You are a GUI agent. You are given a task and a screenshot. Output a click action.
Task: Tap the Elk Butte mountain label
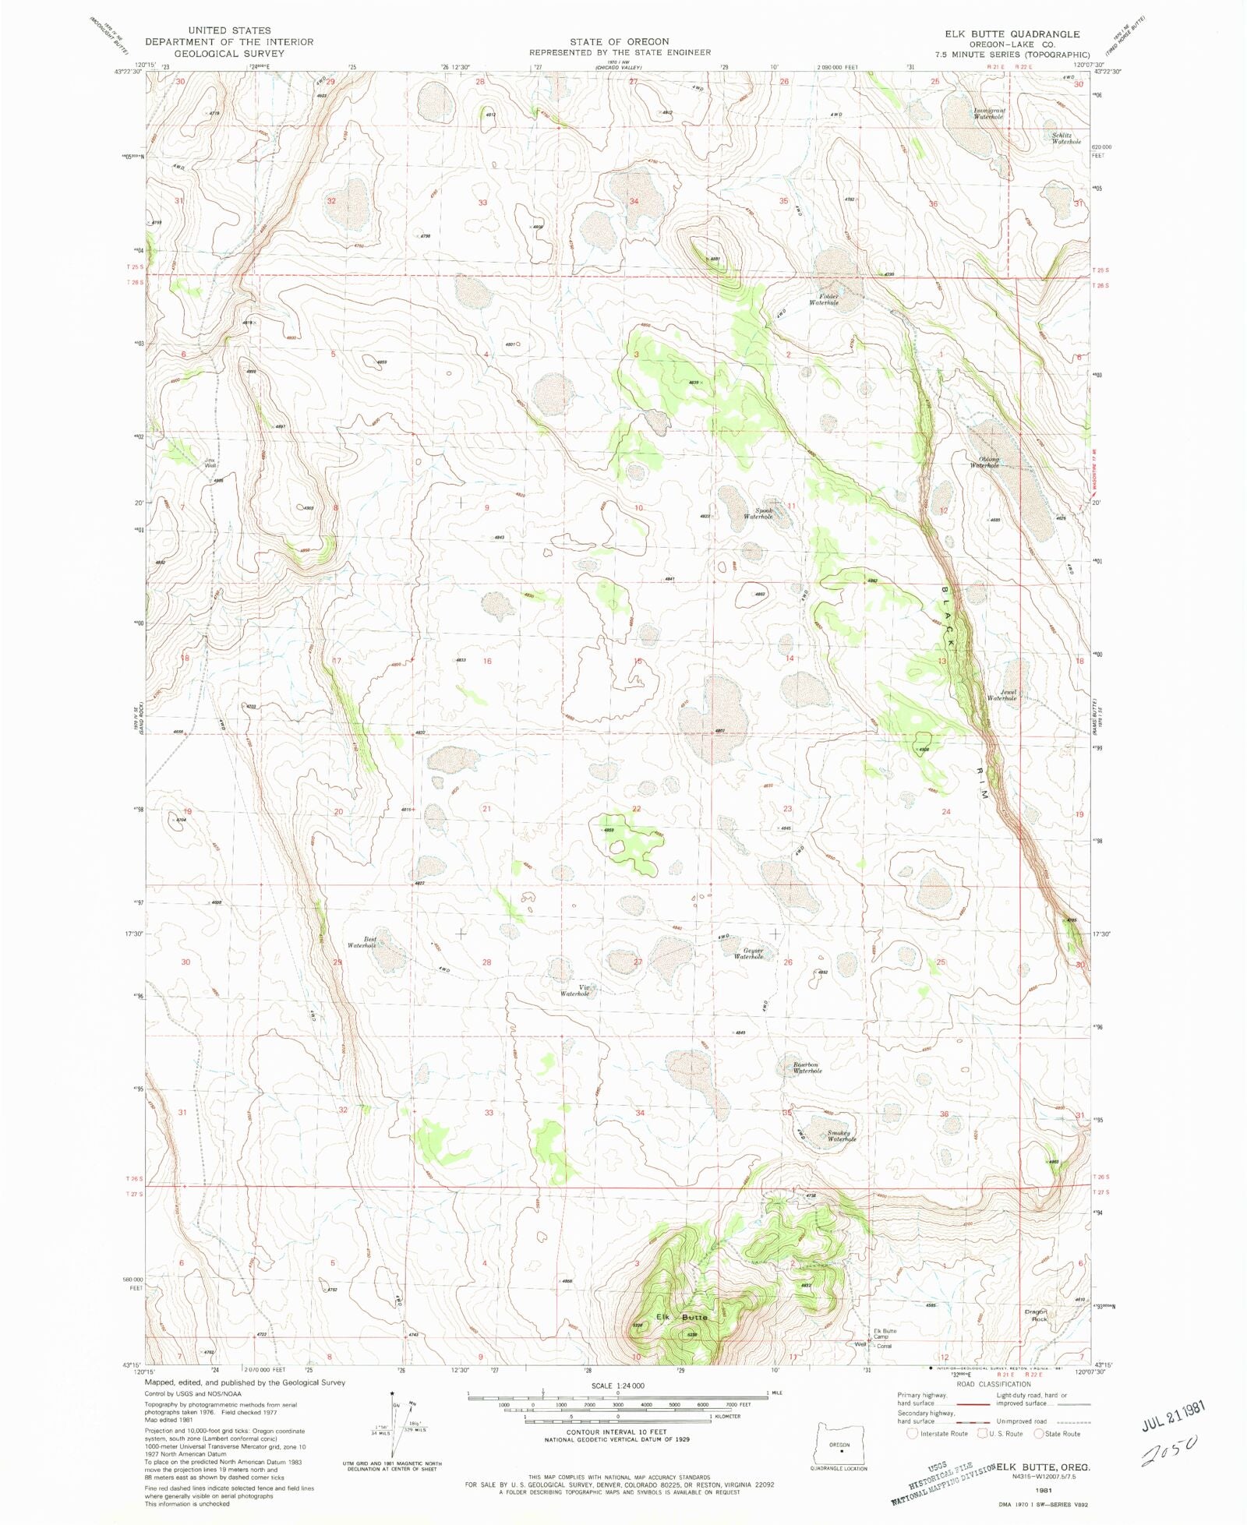point(682,1317)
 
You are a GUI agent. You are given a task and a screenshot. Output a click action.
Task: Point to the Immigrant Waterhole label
point(989,114)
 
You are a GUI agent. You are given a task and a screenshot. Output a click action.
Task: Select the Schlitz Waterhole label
point(1066,139)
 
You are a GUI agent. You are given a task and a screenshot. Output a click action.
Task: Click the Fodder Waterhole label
point(823,300)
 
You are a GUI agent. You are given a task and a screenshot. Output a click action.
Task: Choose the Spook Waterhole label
point(758,514)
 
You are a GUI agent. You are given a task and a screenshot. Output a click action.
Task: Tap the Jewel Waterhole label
point(1002,695)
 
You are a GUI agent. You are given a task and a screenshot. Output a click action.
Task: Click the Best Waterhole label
point(363,942)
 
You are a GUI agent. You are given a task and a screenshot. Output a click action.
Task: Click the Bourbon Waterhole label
point(807,1068)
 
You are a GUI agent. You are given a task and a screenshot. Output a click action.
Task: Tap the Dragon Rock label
point(1036,1315)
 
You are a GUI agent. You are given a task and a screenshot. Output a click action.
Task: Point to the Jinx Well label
point(210,463)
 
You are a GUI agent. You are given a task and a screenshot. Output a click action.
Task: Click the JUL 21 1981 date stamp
point(1174,1415)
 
